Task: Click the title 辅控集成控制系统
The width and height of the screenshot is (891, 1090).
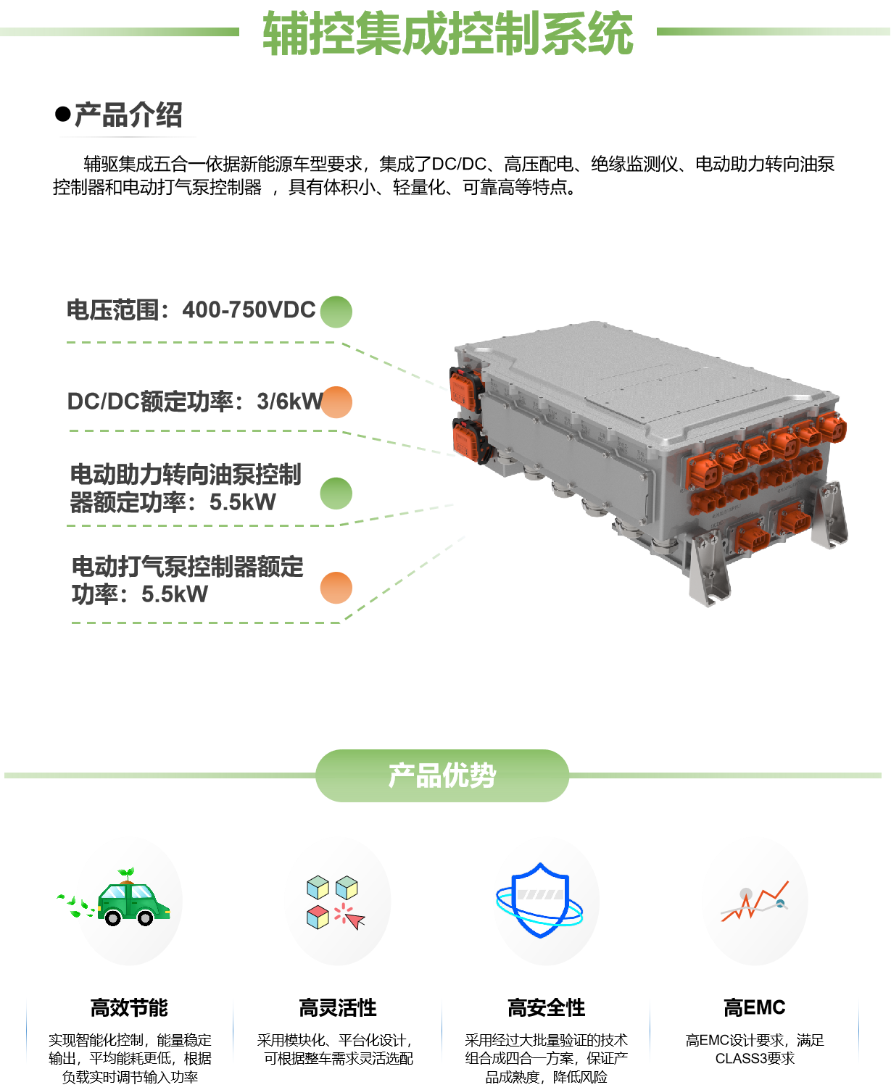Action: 447,33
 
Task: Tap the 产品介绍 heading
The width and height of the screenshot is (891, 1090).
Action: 128,115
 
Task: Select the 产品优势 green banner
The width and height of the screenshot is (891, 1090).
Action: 442,775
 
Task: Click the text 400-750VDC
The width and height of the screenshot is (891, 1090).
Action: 249,310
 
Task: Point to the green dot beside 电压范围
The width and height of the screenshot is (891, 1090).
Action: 336,312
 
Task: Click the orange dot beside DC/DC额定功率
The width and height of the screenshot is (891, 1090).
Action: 336,402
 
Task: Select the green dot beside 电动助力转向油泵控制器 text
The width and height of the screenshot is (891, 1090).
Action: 336,494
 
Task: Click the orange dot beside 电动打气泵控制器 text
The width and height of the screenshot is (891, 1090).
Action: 336,587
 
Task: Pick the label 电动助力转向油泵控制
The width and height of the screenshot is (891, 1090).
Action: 186,475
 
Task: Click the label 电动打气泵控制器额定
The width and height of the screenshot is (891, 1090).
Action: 187,567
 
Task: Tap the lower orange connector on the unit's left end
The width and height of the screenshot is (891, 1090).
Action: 466,437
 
